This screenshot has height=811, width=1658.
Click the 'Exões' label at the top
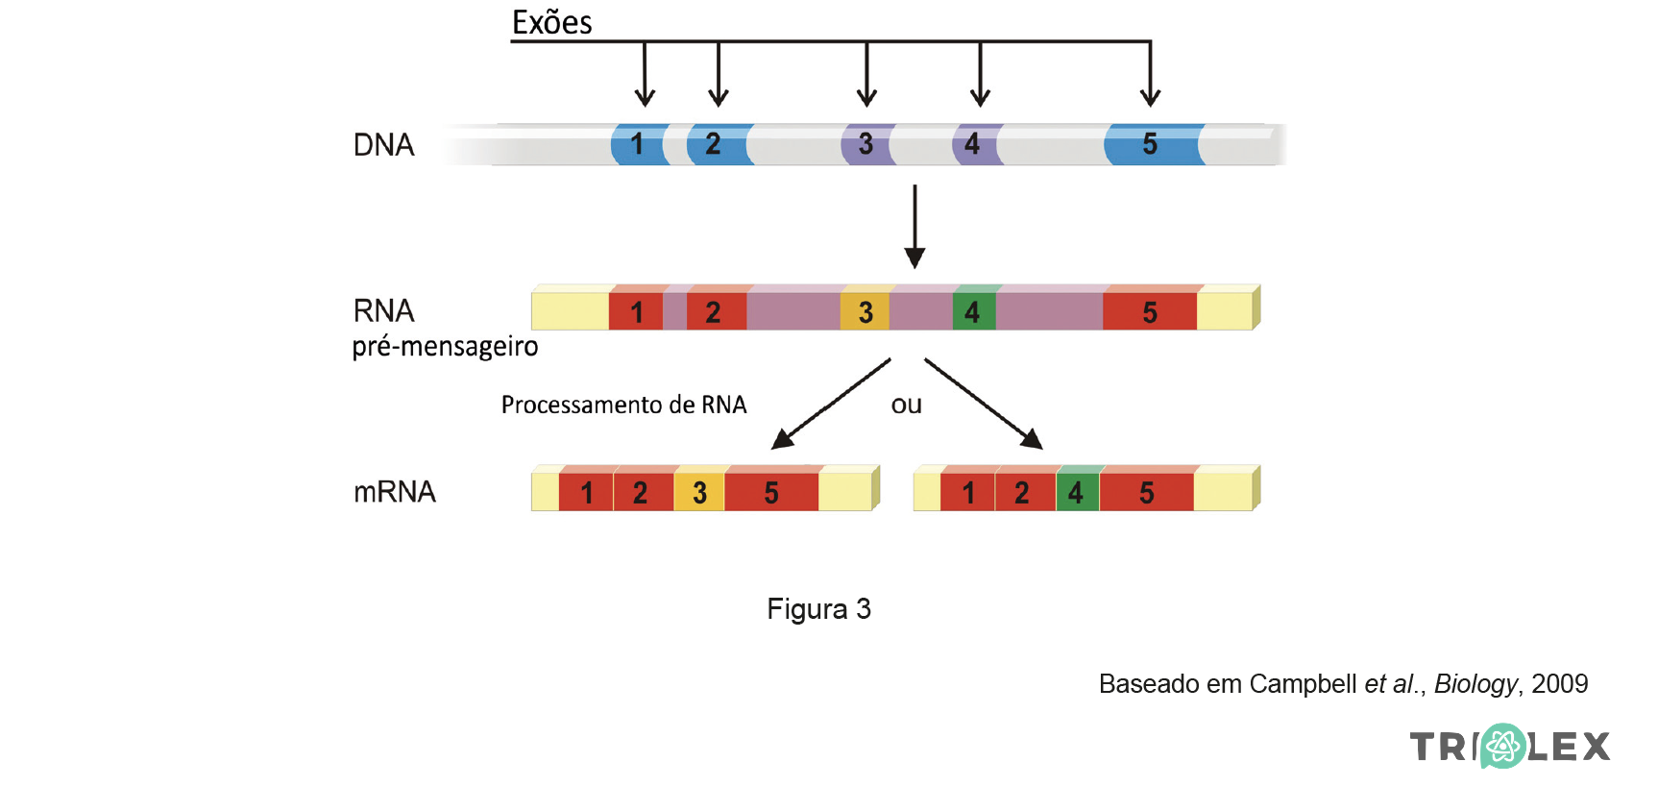tap(551, 22)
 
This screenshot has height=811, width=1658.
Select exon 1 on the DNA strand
tap(639, 144)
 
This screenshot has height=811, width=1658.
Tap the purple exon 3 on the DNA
tap(866, 144)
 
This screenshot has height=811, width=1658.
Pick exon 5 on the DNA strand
tap(1152, 144)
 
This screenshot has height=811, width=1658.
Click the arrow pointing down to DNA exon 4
tap(980, 77)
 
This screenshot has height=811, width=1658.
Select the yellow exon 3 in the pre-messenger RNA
tap(865, 311)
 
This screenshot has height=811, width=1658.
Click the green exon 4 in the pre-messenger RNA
tap(973, 311)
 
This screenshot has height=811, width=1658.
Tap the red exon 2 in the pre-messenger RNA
tap(715, 311)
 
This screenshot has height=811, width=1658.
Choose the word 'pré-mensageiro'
tap(445, 346)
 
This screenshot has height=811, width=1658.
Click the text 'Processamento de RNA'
tap(623, 405)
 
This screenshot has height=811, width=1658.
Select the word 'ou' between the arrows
tap(906, 405)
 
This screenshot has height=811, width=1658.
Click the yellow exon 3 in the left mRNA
tap(699, 492)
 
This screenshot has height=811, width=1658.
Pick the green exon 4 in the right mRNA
tap(1077, 492)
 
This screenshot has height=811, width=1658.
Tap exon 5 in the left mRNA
tap(771, 492)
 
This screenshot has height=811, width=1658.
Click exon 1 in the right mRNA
tap(967, 492)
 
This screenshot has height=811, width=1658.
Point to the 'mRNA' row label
tap(394, 492)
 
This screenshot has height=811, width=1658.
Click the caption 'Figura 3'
tap(818, 609)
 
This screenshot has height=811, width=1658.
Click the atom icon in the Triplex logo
tap(1501, 746)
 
